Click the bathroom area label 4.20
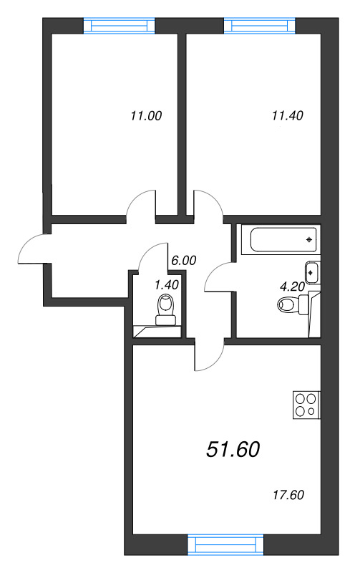tap(291, 286)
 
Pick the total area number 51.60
tap(233, 449)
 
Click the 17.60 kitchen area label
tap(289, 494)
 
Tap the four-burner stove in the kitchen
tap(306, 406)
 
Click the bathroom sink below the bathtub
tap(312, 272)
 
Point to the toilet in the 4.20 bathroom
tap(291, 306)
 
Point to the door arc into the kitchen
tap(208, 357)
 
